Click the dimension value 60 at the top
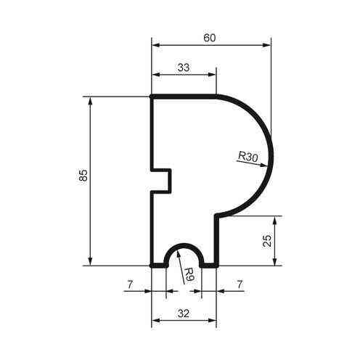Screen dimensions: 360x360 click(210, 37)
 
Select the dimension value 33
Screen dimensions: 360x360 click(183, 67)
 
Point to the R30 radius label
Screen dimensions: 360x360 click(248, 155)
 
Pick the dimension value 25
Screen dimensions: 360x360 click(267, 240)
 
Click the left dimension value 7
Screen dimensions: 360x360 click(129, 286)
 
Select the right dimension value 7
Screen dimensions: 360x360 click(240, 286)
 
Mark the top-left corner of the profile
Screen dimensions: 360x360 click(151, 96)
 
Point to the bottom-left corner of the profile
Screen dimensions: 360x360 click(151, 266)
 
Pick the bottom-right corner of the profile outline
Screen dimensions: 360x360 click(216, 266)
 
